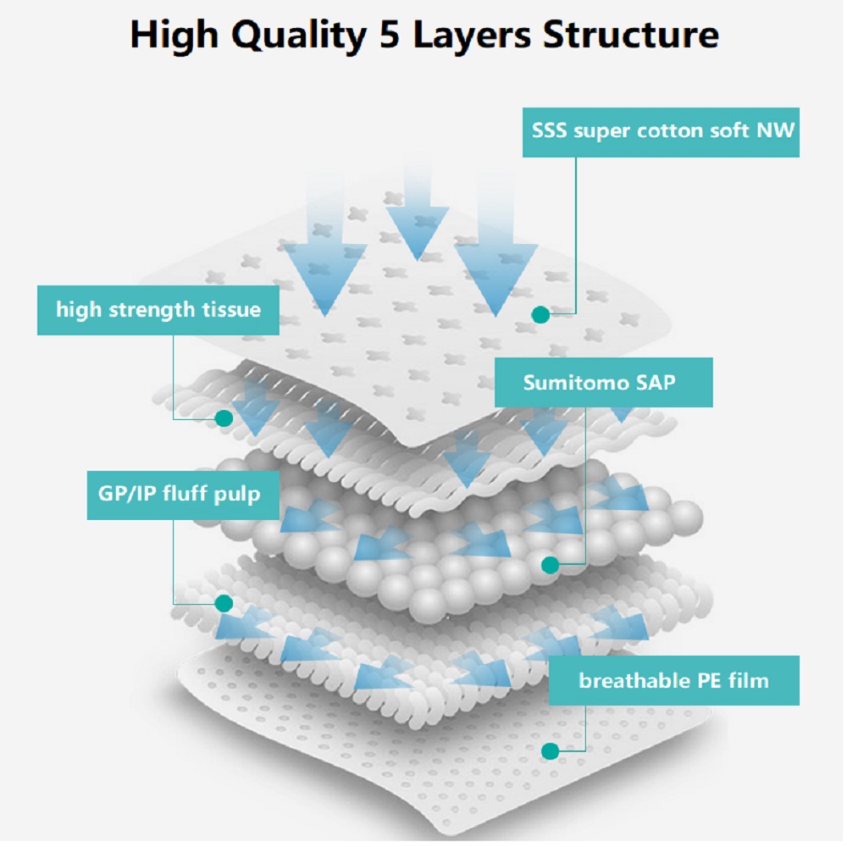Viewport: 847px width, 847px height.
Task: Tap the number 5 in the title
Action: (x=390, y=35)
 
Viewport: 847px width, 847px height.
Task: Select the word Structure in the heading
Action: (x=631, y=35)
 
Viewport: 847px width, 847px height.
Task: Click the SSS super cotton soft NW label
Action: (x=661, y=132)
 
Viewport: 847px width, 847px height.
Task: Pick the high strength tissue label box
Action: (x=158, y=310)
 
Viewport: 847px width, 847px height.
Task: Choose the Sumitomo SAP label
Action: (x=603, y=383)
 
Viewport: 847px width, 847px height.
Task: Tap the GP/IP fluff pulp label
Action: (x=183, y=495)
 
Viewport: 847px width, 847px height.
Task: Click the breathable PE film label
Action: (x=673, y=681)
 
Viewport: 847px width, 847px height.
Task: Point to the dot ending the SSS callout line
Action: (x=540, y=314)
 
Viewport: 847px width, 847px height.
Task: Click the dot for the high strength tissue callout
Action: (x=224, y=418)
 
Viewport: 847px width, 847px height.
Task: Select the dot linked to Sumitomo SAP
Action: (x=550, y=565)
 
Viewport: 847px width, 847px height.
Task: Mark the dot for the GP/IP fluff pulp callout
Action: (x=224, y=603)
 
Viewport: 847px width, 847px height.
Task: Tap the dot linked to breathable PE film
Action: (x=550, y=750)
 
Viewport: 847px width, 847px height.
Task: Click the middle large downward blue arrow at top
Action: (x=417, y=216)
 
